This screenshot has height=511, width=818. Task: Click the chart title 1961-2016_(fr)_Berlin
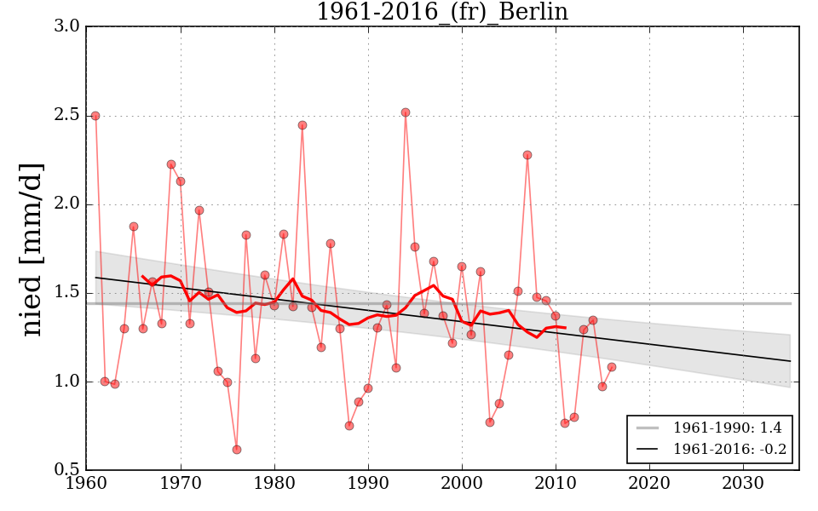click(441, 12)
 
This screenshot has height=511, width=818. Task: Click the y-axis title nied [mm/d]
click(32, 249)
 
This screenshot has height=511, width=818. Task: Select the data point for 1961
click(95, 116)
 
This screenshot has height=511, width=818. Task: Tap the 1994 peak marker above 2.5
click(406, 112)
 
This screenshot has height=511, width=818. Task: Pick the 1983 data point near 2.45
click(302, 125)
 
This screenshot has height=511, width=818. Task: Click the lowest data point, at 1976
click(237, 450)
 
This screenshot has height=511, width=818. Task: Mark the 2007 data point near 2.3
click(527, 155)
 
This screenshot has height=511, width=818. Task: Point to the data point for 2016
click(612, 367)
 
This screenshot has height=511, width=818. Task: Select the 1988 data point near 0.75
click(349, 426)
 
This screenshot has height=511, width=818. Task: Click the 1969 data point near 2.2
click(171, 164)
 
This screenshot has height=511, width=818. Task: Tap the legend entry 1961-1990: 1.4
click(727, 428)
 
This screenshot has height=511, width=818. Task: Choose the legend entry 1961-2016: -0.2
click(727, 449)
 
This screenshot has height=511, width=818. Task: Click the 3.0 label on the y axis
click(68, 27)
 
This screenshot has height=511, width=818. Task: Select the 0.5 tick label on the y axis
click(68, 471)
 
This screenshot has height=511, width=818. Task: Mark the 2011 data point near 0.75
click(565, 423)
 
